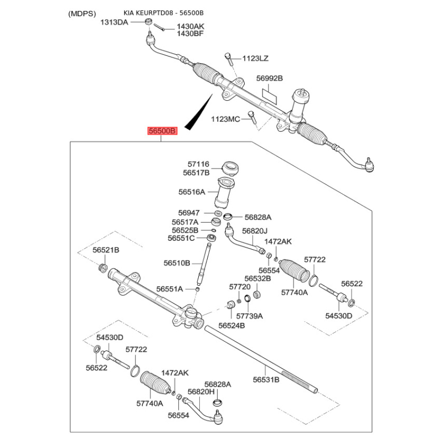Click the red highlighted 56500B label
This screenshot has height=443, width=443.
(x=161, y=131)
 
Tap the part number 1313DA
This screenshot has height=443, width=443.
(x=114, y=22)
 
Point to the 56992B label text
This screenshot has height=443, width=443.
(x=270, y=79)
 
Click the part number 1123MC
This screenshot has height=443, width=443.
(x=225, y=119)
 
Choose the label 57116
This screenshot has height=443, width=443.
(x=198, y=164)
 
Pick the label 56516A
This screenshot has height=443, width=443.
(x=192, y=192)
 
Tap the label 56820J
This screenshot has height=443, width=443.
(x=256, y=231)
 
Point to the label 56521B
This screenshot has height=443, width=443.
(x=106, y=251)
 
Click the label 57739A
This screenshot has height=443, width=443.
(x=250, y=316)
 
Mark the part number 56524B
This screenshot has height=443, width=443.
(x=231, y=325)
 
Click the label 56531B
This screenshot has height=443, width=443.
(x=266, y=379)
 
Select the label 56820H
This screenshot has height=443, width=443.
(x=202, y=392)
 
